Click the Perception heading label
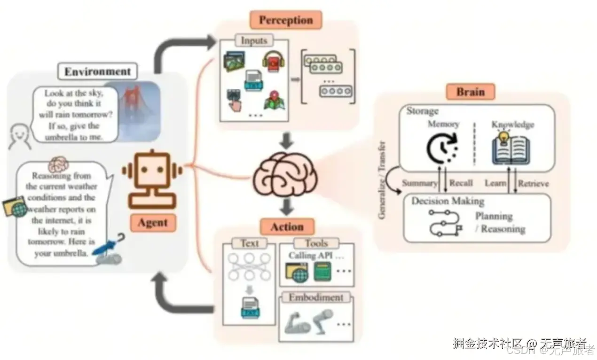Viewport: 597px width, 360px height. pyautogui.click(x=286, y=20)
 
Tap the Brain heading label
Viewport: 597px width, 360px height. pyautogui.click(x=470, y=92)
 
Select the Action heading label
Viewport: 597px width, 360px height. pyautogui.click(x=287, y=227)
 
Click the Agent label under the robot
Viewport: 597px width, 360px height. pyautogui.click(x=152, y=223)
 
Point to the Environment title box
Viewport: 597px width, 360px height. pyautogui.click(x=97, y=72)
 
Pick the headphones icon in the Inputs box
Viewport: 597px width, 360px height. pyautogui.click(x=272, y=62)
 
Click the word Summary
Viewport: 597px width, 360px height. pyautogui.click(x=419, y=183)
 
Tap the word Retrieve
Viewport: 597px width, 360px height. pyautogui.click(x=533, y=183)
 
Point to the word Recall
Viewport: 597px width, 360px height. pyautogui.click(x=461, y=183)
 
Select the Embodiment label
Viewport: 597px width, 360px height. pyautogui.click(x=316, y=297)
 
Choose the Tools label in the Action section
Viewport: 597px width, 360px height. pyautogui.click(x=316, y=243)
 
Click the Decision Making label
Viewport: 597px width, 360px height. pyautogui.click(x=448, y=201)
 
